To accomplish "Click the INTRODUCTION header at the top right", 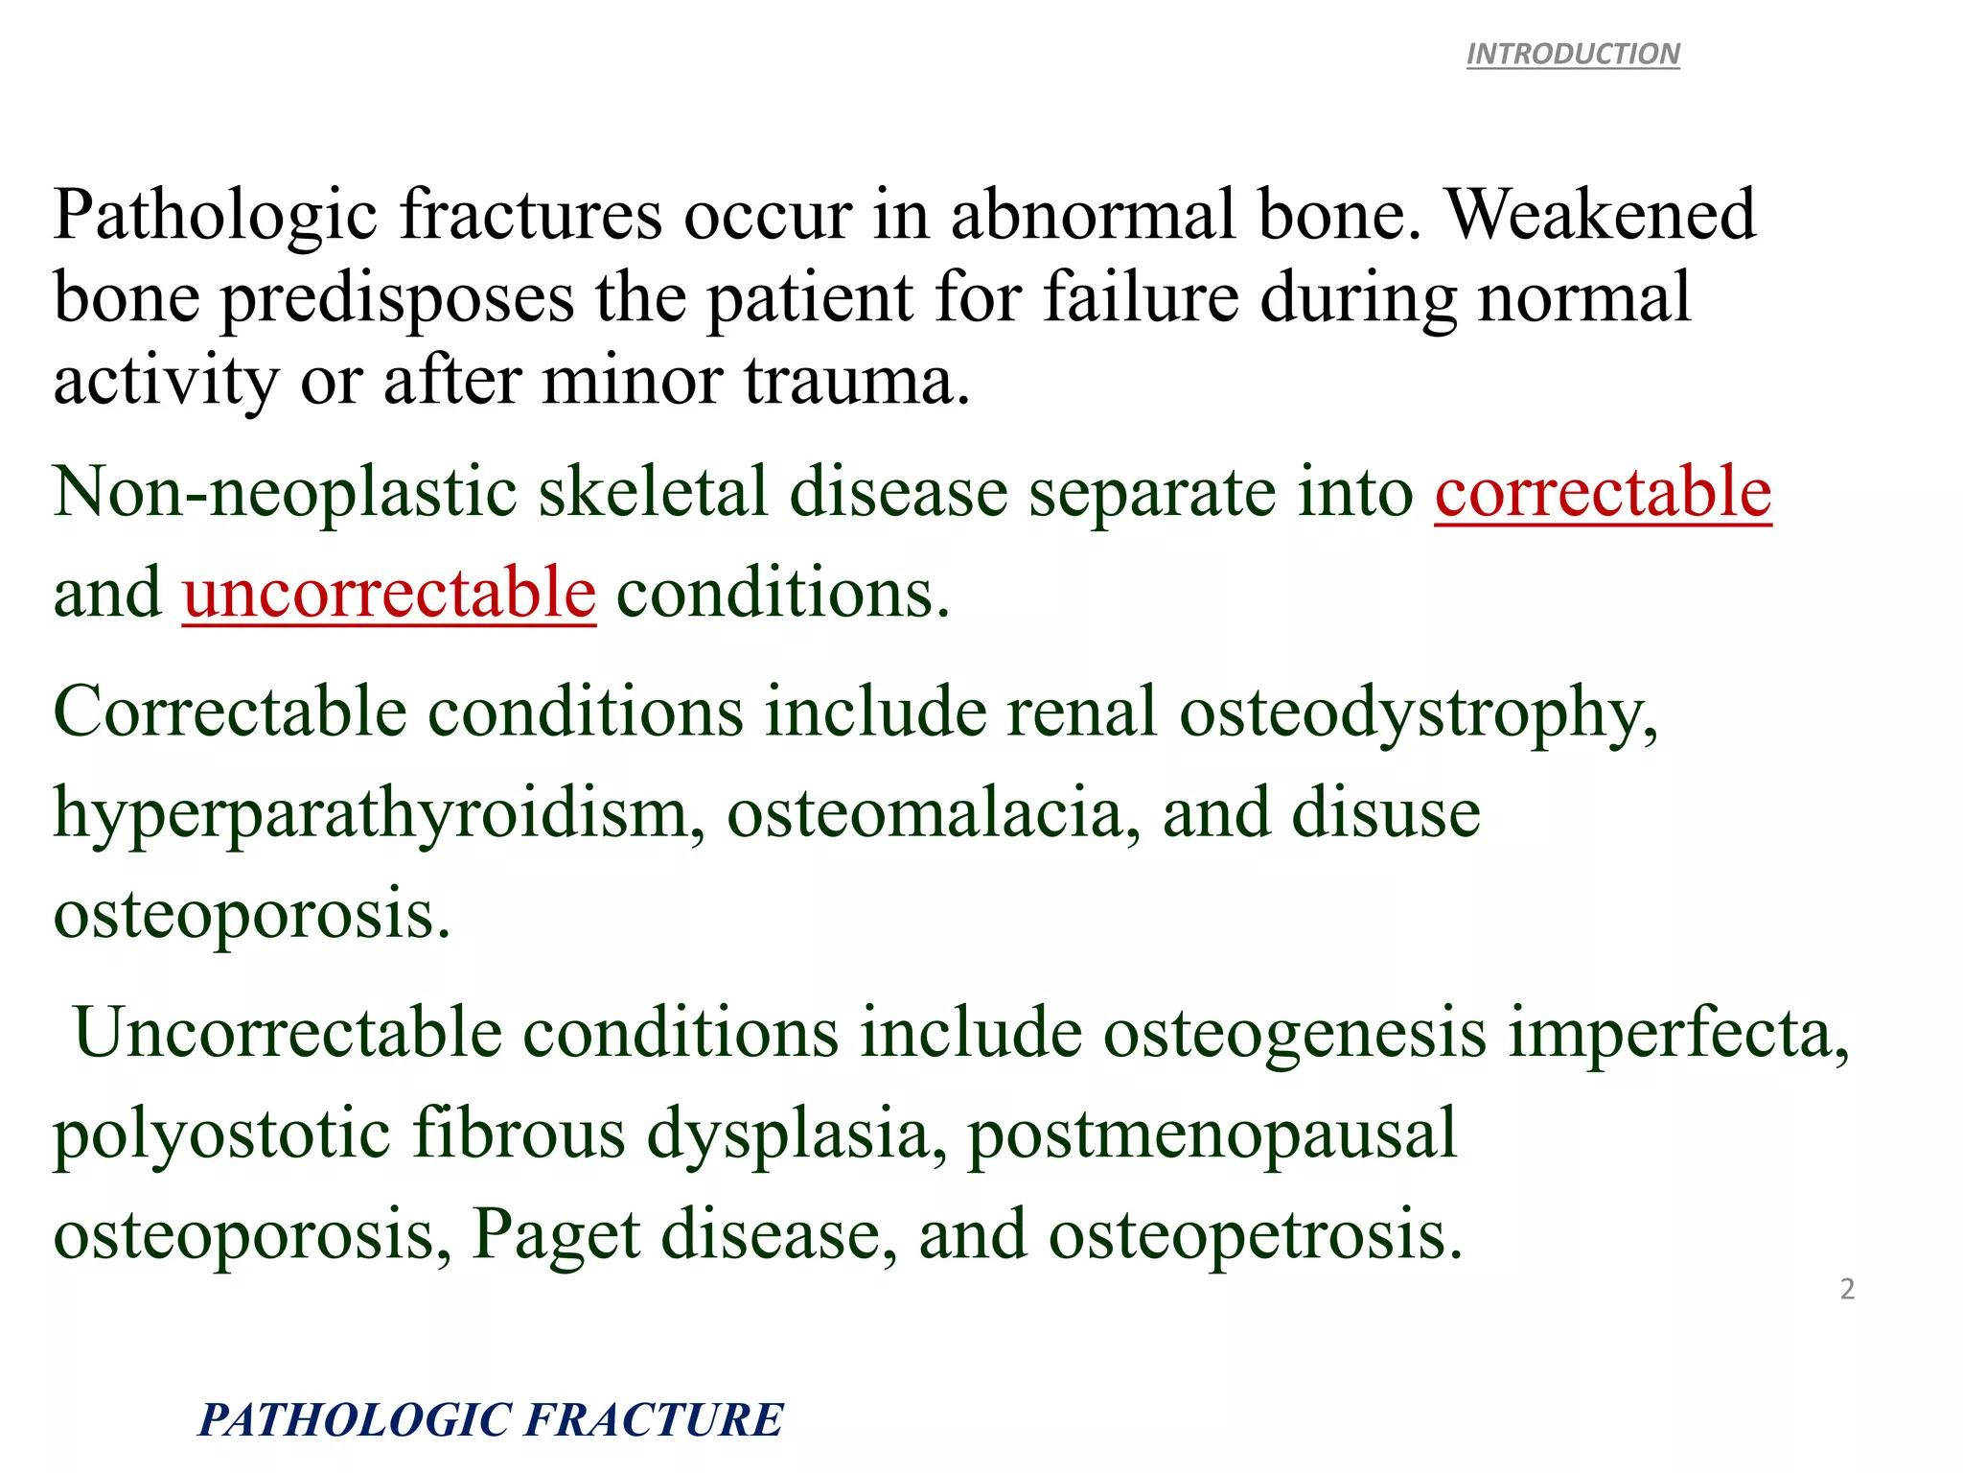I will (x=1573, y=54).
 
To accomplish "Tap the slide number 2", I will (x=1847, y=1289).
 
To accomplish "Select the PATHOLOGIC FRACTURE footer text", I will (x=490, y=1420).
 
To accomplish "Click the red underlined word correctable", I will (x=1603, y=492).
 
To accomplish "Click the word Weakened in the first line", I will (x=1601, y=214).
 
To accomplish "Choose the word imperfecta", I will (x=1677, y=1034).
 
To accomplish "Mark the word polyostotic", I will (x=221, y=1135).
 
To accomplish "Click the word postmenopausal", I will (x=1212, y=1135).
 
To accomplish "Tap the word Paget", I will (x=556, y=1235).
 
